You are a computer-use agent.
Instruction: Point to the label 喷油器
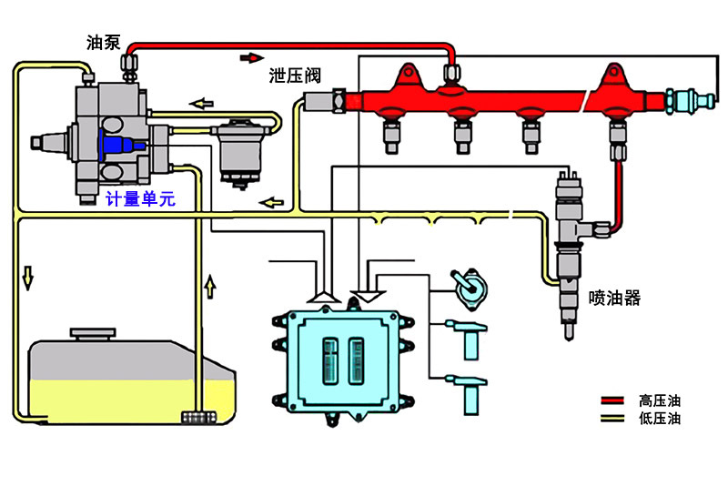point(614,298)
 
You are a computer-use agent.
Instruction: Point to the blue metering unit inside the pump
point(117,146)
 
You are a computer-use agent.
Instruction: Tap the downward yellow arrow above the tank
point(28,277)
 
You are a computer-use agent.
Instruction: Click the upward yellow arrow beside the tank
point(211,288)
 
